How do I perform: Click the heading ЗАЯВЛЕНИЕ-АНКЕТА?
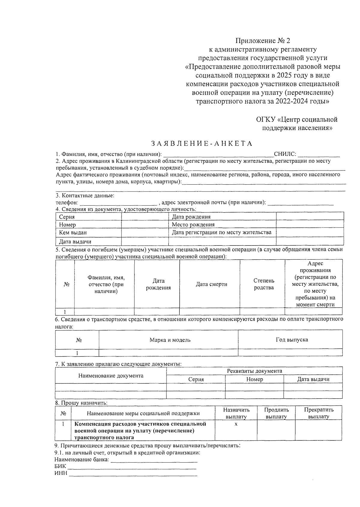point(202,143)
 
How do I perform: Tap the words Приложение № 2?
point(263,40)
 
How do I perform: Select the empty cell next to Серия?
point(145,217)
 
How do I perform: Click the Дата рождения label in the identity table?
point(191,217)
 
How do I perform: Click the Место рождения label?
point(193,225)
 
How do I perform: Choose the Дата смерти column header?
point(211,284)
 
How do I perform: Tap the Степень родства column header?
point(264,284)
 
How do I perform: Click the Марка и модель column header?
point(170,340)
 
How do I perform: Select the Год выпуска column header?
point(292,340)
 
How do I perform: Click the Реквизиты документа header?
point(254,371)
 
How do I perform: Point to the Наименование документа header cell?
point(111,376)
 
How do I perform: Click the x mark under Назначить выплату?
point(236,424)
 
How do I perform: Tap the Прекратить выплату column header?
point(319,413)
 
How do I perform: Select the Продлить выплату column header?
point(276,413)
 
